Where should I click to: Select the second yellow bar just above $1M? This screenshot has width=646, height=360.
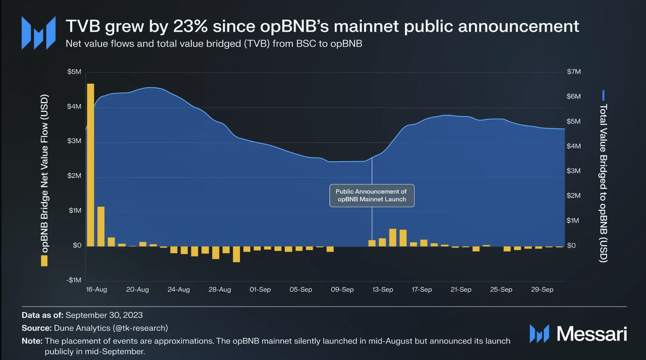click(x=101, y=226)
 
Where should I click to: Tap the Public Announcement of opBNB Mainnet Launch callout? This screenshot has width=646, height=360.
click(x=371, y=196)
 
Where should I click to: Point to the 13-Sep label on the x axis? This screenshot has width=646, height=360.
click(x=382, y=290)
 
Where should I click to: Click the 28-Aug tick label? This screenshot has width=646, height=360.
click(x=220, y=290)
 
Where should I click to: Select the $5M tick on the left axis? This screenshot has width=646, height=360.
click(x=74, y=72)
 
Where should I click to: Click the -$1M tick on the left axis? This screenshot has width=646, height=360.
click(x=74, y=280)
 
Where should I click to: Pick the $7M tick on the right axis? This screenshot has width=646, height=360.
click(x=574, y=72)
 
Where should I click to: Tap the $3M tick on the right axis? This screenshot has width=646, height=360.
click(x=573, y=171)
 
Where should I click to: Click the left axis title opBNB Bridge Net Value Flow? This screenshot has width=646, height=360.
click(x=45, y=173)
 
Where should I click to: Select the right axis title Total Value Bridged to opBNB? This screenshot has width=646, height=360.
click(x=603, y=183)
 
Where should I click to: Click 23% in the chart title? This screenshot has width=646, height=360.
click(x=190, y=26)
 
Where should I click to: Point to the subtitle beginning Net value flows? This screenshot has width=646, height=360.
click(x=214, y=44)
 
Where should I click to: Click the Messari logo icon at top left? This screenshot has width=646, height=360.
click(x=38, y=33)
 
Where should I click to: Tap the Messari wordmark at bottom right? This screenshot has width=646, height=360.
click(x=591, y=334)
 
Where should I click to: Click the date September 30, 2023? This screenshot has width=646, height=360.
click(x=104, y=315)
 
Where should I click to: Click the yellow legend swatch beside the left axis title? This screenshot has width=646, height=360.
click(x=45, y=261)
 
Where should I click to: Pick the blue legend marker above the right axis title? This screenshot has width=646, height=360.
click(x=603, y=95)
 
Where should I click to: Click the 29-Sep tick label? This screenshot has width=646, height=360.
click(x=542, y=290)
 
